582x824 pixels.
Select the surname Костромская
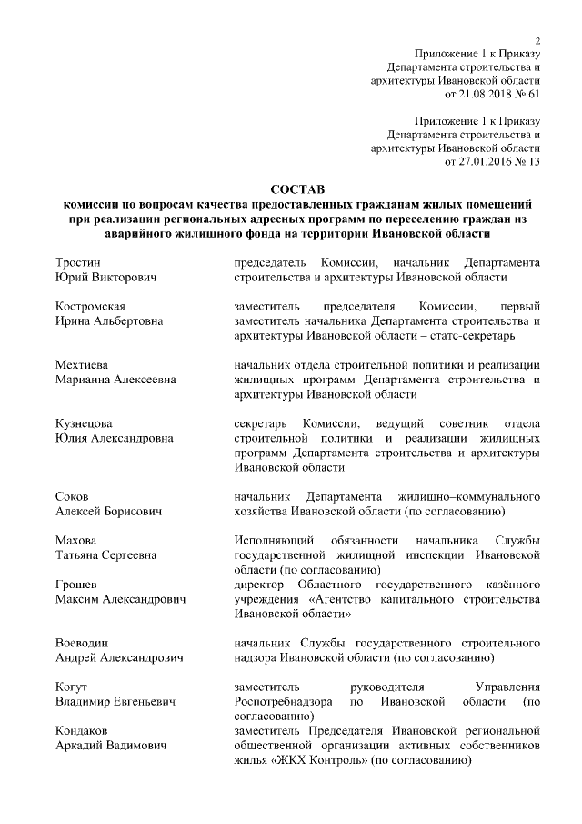click(90, 307)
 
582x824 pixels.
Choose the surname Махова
click(75, 540)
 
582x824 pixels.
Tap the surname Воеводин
click(83, 643)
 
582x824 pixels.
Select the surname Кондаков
click(83, 730)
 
